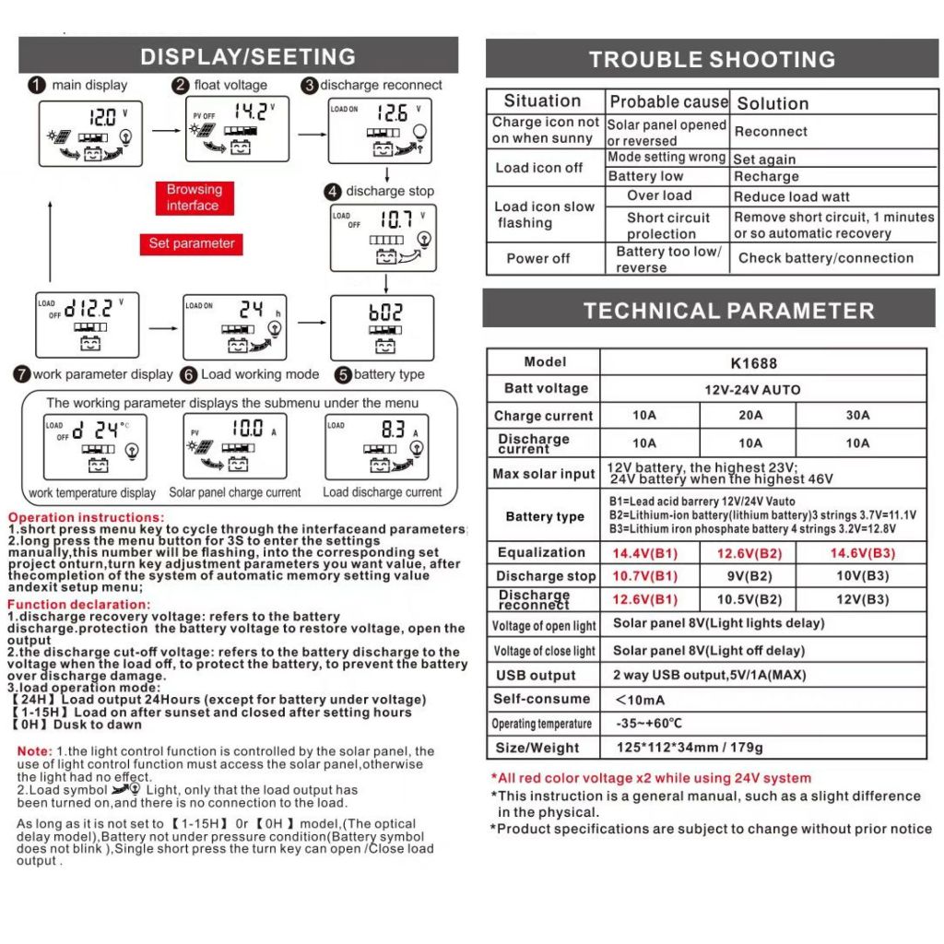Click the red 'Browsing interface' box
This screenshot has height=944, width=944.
pyautogui.click(x=194, y=197)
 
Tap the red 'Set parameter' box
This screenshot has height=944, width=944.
pyautogui.click(x=192, y=244)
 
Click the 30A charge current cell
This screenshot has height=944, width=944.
pyautogui.click(x=857, y=416)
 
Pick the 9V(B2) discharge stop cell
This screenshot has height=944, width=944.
pyautogui.click(x=750, y=576)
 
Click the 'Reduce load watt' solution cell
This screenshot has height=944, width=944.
pyautogui.click(x=791, y=196)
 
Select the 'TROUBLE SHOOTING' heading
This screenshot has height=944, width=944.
pyautogui.click(x=712, y=60)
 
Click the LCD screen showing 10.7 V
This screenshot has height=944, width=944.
pyautogui.click(x=383, y=238)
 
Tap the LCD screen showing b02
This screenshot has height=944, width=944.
pyautogui.click(x=383, y=327)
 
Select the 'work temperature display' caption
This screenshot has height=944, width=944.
pyautogui.click(x=92, y=493)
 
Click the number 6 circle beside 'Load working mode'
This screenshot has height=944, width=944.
pyautogui.click(x=188, y=375)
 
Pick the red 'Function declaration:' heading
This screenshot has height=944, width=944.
pyautogui.click(x=79, y=605)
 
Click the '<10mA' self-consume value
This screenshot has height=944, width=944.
pyautogui.click(x=640, y=700)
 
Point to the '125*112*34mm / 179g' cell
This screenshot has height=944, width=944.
pyautogui.click(x=690, y=748)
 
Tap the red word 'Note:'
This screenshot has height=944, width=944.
pyautogui.click(x=35, y=752)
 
